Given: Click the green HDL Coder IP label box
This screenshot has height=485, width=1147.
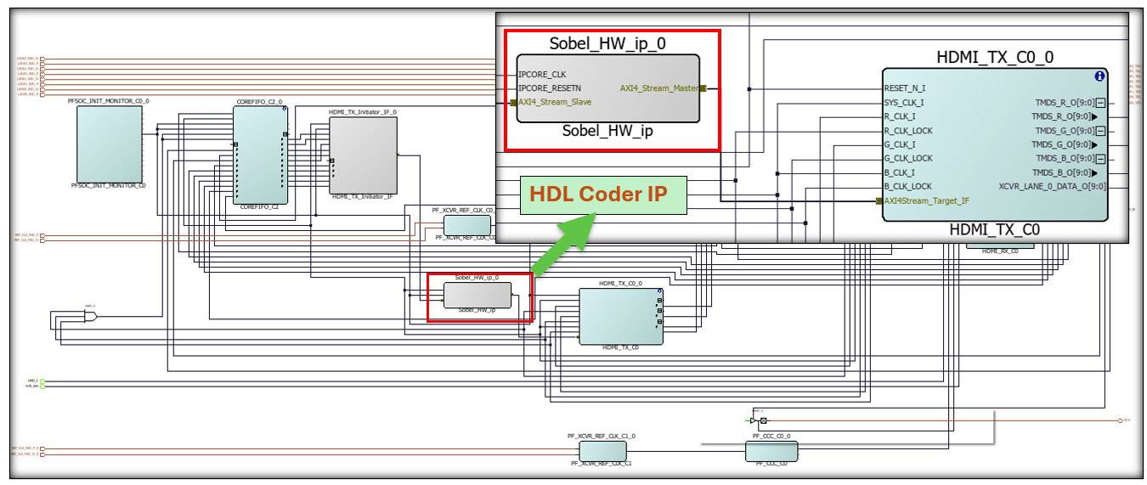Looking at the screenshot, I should [x=602, y=195].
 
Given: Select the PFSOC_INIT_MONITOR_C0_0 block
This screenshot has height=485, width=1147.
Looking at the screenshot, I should [x=110, y=144].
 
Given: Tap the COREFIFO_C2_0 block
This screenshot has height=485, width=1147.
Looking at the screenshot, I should [x=260, y=155].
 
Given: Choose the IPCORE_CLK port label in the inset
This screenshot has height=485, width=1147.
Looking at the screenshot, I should [x=542, y=74].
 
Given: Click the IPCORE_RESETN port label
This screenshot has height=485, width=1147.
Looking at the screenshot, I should [x=550, y=87].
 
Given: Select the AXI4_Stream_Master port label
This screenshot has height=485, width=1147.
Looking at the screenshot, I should [x=659, y=87].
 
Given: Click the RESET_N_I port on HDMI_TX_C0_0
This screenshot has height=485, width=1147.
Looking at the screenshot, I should [x=905, y=87].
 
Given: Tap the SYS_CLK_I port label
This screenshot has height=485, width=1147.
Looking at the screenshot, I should [x=903, y=102].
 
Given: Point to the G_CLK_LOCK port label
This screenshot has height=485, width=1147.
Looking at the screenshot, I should [x=908, y=158].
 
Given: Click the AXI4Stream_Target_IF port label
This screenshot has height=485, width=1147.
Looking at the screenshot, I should [x=926, y=200].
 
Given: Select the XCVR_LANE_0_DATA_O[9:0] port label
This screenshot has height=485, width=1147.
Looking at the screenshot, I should [x=1052, y=186].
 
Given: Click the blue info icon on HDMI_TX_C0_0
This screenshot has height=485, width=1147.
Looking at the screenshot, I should [x=1099, y=76].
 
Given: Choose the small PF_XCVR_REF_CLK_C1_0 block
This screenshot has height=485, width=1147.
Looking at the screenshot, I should [x=602, y=450].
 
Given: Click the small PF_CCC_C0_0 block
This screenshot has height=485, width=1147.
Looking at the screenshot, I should [x=771, y=451].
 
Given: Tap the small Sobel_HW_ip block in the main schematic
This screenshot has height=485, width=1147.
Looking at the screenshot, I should [x=477, y=295].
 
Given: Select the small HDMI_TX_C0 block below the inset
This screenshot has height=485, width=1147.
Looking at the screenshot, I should [x=620, y=316].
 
